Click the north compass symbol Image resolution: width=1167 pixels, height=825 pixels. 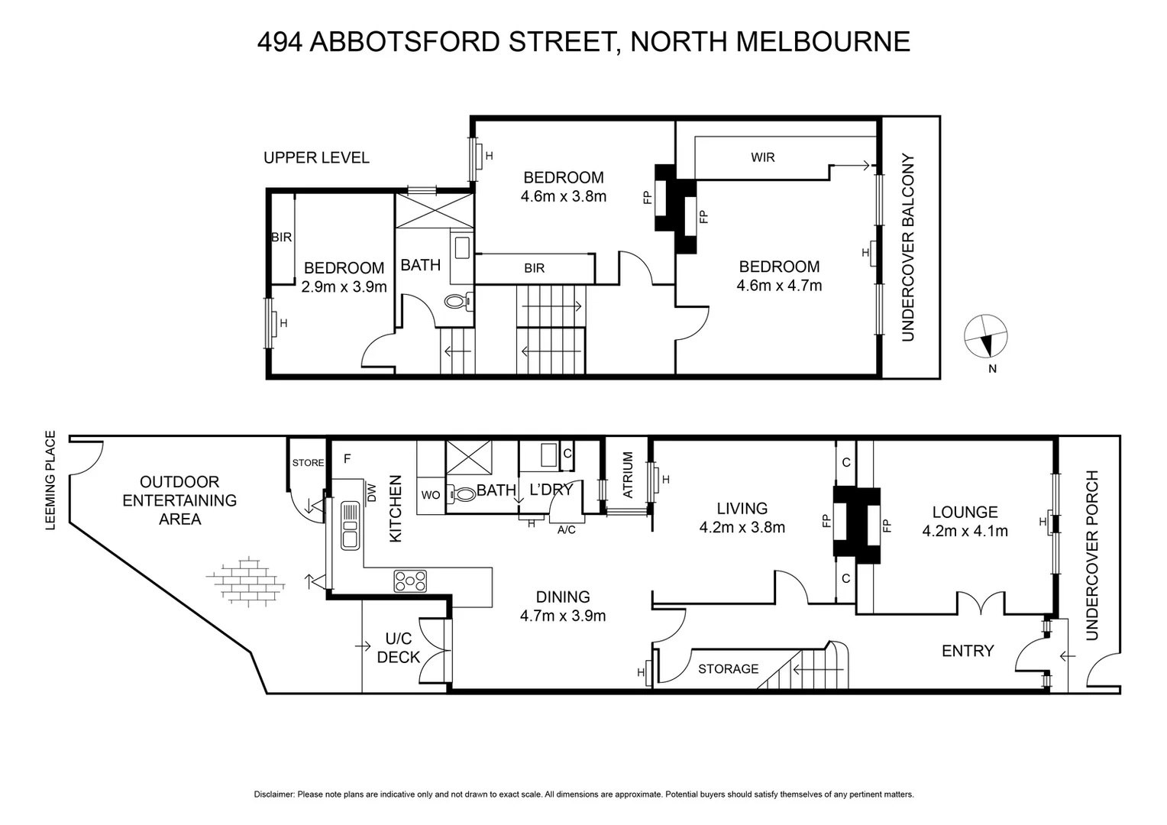pyautogui.click(x=986, y=336)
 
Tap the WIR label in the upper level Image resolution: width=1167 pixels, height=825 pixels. pyautogui.click(x=762, y=157)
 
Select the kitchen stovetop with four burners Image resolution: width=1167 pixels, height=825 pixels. pyautogui.click(x=410, y=581)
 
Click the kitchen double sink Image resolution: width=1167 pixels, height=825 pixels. pyautogui.click(x=351, y=525)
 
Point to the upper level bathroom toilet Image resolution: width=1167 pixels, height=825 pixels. pyautogui.click(x=457, y=302)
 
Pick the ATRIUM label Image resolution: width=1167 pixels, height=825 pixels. pyautogui.click(x=628, y=474)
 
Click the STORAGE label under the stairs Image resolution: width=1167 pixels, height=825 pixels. pyautogui.click(x=728, y=669)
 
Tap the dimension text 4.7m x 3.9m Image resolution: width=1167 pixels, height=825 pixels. pyautogui.click(x=563, y=616)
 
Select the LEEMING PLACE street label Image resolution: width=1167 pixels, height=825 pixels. pyautogui.click(x=51, y=480)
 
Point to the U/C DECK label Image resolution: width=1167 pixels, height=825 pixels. pyautogui.click(x=399, y=648)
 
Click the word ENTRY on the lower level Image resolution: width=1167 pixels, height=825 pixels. pyautogui.click(x=967, y=651)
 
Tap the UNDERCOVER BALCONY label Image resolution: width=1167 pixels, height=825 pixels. pyautogui.click(x=908, y=247)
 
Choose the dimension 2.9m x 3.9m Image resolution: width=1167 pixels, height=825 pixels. pyautogui.click(x=344, y=287)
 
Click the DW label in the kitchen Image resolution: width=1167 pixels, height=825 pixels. pyautogui.click(x=372, y=493)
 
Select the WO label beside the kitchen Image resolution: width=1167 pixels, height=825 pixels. pyautogui.click(x=430, y=495)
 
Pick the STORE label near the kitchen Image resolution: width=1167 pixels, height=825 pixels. pyautogui.click(x=308, y=463)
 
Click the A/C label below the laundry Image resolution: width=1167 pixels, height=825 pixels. pyautogui.click(x=567, y=530)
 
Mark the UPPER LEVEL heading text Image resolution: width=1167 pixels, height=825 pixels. pyautogui.click(x=316, y=158)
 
